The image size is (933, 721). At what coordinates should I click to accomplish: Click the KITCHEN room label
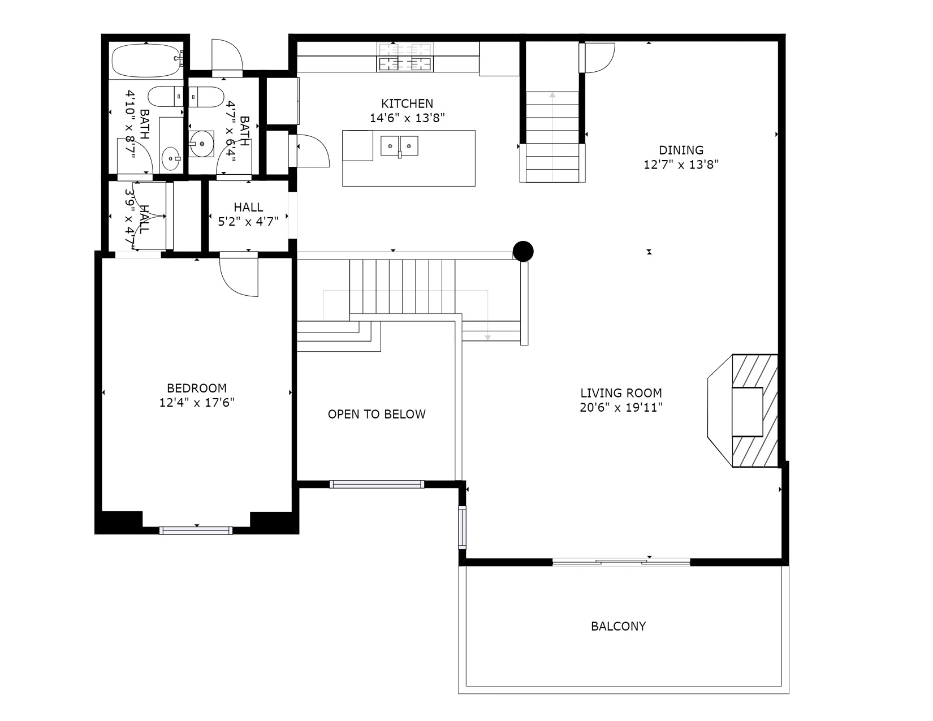tap(407, 103)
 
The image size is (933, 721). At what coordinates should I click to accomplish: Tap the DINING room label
tap(681, 150)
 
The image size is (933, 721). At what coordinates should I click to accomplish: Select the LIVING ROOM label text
tap(621, 393)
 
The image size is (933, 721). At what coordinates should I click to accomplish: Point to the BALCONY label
tap(618, 626)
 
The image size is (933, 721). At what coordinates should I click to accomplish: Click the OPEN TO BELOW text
tap(377, 414)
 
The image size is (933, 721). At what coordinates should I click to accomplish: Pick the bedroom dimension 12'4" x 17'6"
tap(197, 403)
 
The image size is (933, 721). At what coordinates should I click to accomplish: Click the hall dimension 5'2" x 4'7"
tap(248, 222)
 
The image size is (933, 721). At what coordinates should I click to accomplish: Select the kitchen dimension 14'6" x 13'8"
tap(407, 118)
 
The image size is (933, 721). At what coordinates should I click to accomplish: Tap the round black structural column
tap(523, 251)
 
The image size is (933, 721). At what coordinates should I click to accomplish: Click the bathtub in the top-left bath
tap(146, 61)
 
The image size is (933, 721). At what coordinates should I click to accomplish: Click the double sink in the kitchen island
tap(399, 146)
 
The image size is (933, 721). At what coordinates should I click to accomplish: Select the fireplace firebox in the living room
tap(747, 412)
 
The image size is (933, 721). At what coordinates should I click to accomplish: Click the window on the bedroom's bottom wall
tap(196, 531)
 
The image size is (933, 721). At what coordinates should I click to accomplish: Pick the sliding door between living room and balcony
tap(621, 562)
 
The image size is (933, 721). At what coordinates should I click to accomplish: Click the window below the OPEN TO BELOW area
tap(377, 485)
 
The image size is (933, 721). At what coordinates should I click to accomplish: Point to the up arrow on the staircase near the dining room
tap(552, 136)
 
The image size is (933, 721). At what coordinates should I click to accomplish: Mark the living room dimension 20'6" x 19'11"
tap(621, 408)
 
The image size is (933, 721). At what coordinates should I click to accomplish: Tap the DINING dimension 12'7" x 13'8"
tap(681, 165)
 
